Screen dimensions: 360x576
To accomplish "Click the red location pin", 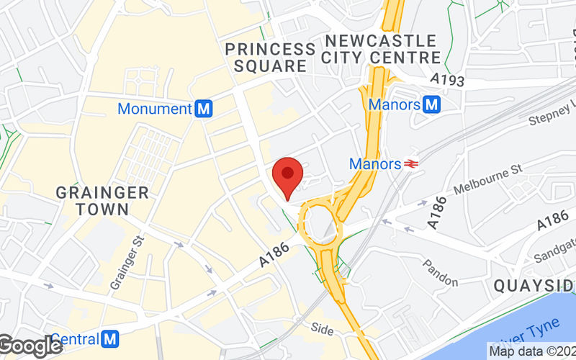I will pos(288,175).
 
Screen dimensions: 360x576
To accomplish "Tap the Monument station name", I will pos(154,109).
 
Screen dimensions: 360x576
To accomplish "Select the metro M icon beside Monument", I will pos(204,109).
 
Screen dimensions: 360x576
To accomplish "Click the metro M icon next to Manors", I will pos(432,104).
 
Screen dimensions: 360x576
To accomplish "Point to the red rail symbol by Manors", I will pos(412,164).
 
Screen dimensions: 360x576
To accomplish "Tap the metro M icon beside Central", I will pos(110,338).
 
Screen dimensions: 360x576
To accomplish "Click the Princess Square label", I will pos(270,58).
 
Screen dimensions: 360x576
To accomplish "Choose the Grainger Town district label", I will pos(102,201).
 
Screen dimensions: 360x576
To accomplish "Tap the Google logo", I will pos(31,346).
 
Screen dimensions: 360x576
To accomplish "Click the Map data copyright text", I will pos(531,351).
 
